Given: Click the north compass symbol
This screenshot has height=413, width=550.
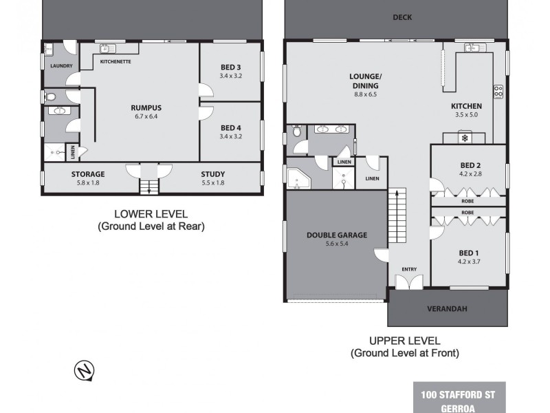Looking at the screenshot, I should tap(85, 371).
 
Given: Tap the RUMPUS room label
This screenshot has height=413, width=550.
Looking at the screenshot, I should tap(146, 107).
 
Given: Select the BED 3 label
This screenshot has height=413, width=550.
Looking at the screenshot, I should tap(231, 67).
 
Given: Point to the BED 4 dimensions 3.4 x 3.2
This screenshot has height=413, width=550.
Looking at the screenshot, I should tap(231, 136).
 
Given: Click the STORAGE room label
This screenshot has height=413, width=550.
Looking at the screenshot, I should tap(88, 174).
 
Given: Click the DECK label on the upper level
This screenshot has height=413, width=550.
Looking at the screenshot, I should tap(402, 17).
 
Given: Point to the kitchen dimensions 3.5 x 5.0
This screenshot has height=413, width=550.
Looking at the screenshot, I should tap(466, 115).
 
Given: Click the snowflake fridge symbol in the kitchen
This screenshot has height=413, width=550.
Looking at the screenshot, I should tap(465, 138).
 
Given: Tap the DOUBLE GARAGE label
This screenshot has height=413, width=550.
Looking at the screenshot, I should tap(336, 235).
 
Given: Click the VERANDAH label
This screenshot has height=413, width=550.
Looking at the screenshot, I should tap(447, 309).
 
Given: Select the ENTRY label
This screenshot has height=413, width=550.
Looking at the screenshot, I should tap(409, 269).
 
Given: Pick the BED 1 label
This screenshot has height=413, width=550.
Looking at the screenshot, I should tap(470, 253).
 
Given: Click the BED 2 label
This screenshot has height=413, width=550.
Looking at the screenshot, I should tap(470, 165).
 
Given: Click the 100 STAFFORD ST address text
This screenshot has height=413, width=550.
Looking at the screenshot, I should tap(459, 394).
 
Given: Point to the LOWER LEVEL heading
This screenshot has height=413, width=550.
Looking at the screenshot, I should tap(151, 214).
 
